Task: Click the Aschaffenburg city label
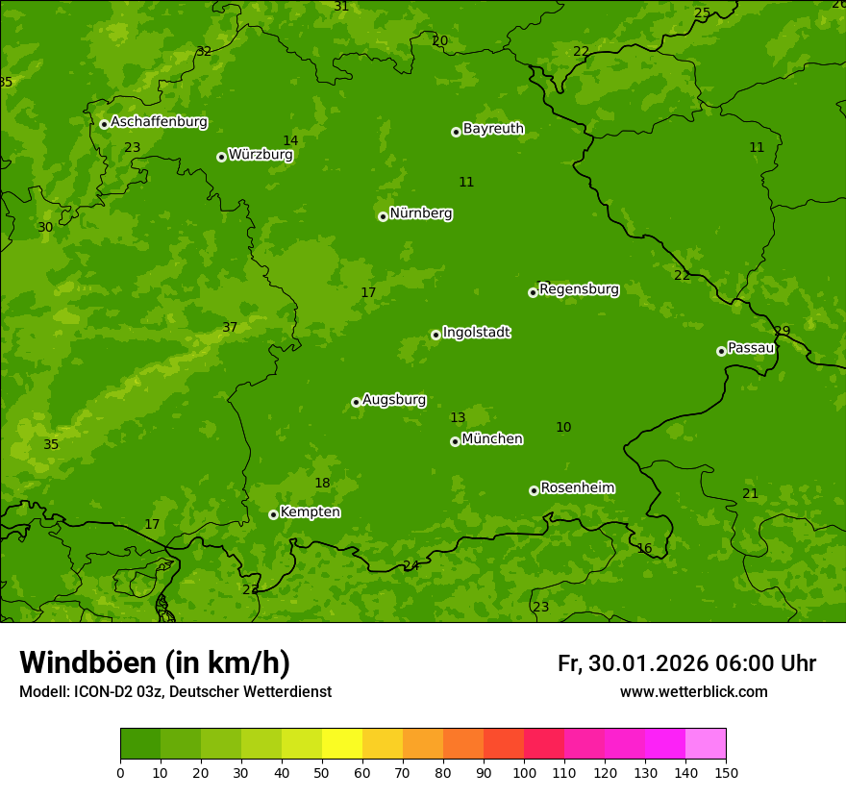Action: (x=159, y=122)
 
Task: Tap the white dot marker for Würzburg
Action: (x=221, y=157)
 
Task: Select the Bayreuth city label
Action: (x=493, y=129)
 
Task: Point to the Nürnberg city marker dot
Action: (x=383, y=216)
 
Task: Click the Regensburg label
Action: (x=579, y=289)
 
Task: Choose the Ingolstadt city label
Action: (x=476, y=333)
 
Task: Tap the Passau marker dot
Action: (x=721, y=351)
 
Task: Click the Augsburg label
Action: (x=394, y=400)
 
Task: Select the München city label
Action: (x=492, y=439)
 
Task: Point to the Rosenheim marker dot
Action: (x=534, y=490)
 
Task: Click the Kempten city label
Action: (x=310, y=512)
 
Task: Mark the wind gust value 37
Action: (x=230, y=328)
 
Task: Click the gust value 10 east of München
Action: (x=563, y=428)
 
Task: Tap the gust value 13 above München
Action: (x=458, y=418)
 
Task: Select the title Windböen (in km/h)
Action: (x=155, y=662)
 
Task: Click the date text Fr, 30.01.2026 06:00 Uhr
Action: (x=686, y=663)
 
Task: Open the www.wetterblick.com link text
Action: (x=693, y=692)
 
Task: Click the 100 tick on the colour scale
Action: (x=524, y=772)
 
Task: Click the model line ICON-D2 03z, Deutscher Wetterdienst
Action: (x=175, y=692)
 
